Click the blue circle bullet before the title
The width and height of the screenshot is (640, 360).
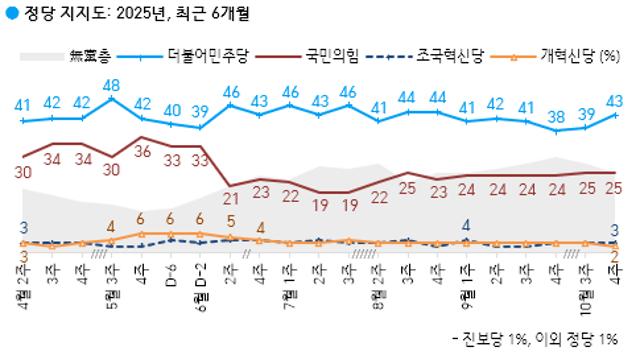(9, 14)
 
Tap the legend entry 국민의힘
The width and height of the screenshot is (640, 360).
(336, 55)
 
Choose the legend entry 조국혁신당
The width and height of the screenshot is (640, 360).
(449, 55)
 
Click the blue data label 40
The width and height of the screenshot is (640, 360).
(171, 108)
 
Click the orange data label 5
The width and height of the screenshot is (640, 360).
(231, 223)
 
